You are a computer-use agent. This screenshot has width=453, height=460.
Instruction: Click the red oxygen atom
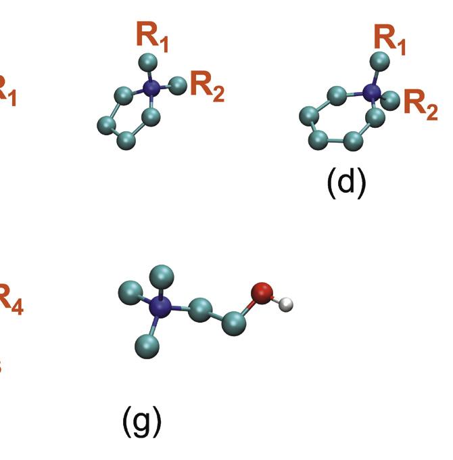(x=262, y=293)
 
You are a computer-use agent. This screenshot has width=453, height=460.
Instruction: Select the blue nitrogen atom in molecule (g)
(x=161, y=307)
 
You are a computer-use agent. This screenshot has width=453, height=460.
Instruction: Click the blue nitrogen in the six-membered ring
(x=371, y=92)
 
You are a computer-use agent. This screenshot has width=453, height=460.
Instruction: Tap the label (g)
(x=142, y=421)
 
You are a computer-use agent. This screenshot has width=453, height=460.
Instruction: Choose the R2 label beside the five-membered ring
(x=206, y=88)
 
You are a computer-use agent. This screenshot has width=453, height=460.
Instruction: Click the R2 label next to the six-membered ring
(x=420, y=105)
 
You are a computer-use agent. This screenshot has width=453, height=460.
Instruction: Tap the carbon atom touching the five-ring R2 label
(x=178, y=85)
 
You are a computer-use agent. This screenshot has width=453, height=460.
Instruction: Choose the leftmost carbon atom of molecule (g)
(x=130, y=293)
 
